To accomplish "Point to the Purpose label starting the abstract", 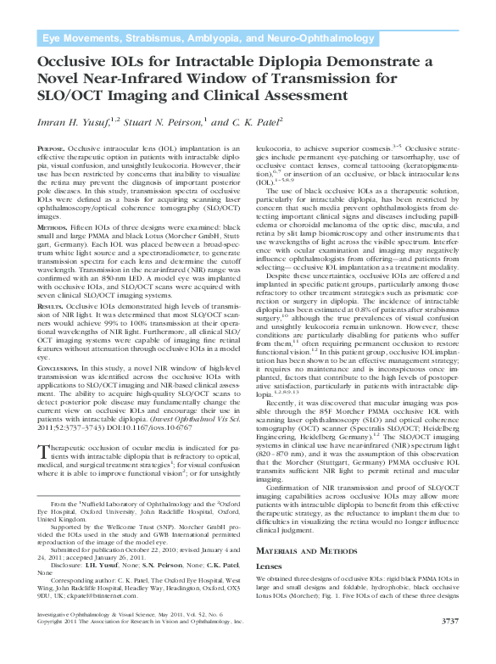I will tap(53, 148).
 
